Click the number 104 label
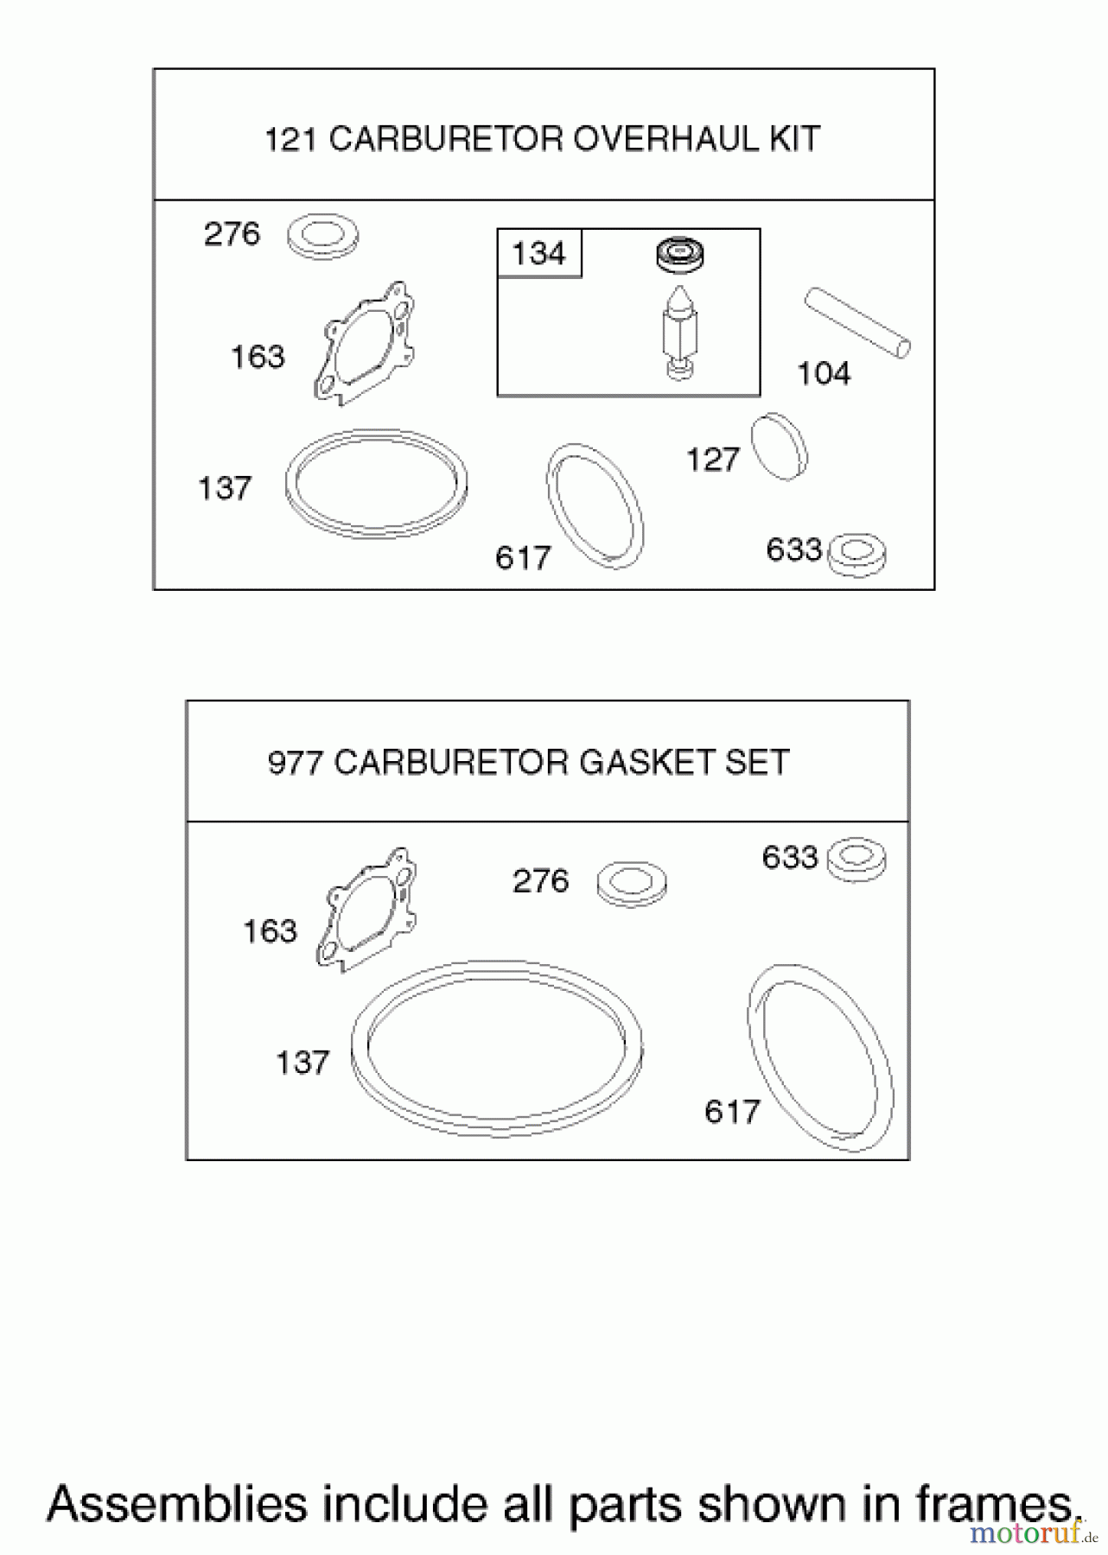tap(823, 374)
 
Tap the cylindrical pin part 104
tap(857, 323)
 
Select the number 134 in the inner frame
tap(538, 254)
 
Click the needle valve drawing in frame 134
tap(680, 333)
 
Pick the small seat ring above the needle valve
tap(679, 254)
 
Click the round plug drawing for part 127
tap(780, 447)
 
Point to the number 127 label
tap(712, 460)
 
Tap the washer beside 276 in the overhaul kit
tap(322, 235)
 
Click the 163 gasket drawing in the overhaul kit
tap(364, 344)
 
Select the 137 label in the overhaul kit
tap(225, 489)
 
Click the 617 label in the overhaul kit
tap(523, 558)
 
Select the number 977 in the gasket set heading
tap(296, 763)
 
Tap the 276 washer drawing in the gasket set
tap(632, 883)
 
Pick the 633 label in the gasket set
tap(789, 858)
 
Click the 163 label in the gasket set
tap(270, 931)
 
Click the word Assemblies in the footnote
tap(177, 1504)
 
